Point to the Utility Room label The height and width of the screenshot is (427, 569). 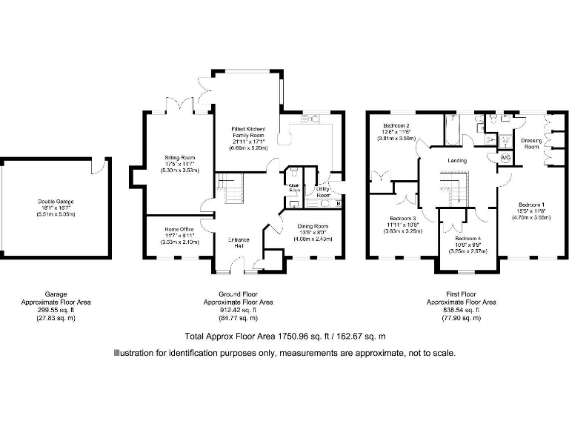(323, 192)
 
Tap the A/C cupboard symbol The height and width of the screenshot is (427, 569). (505, 158)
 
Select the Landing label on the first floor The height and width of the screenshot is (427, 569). (457, 159)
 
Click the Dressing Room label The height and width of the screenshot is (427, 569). (530, 143)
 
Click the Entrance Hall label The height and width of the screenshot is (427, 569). (238, 242)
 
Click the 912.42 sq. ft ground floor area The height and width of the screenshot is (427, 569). (238, 310)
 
